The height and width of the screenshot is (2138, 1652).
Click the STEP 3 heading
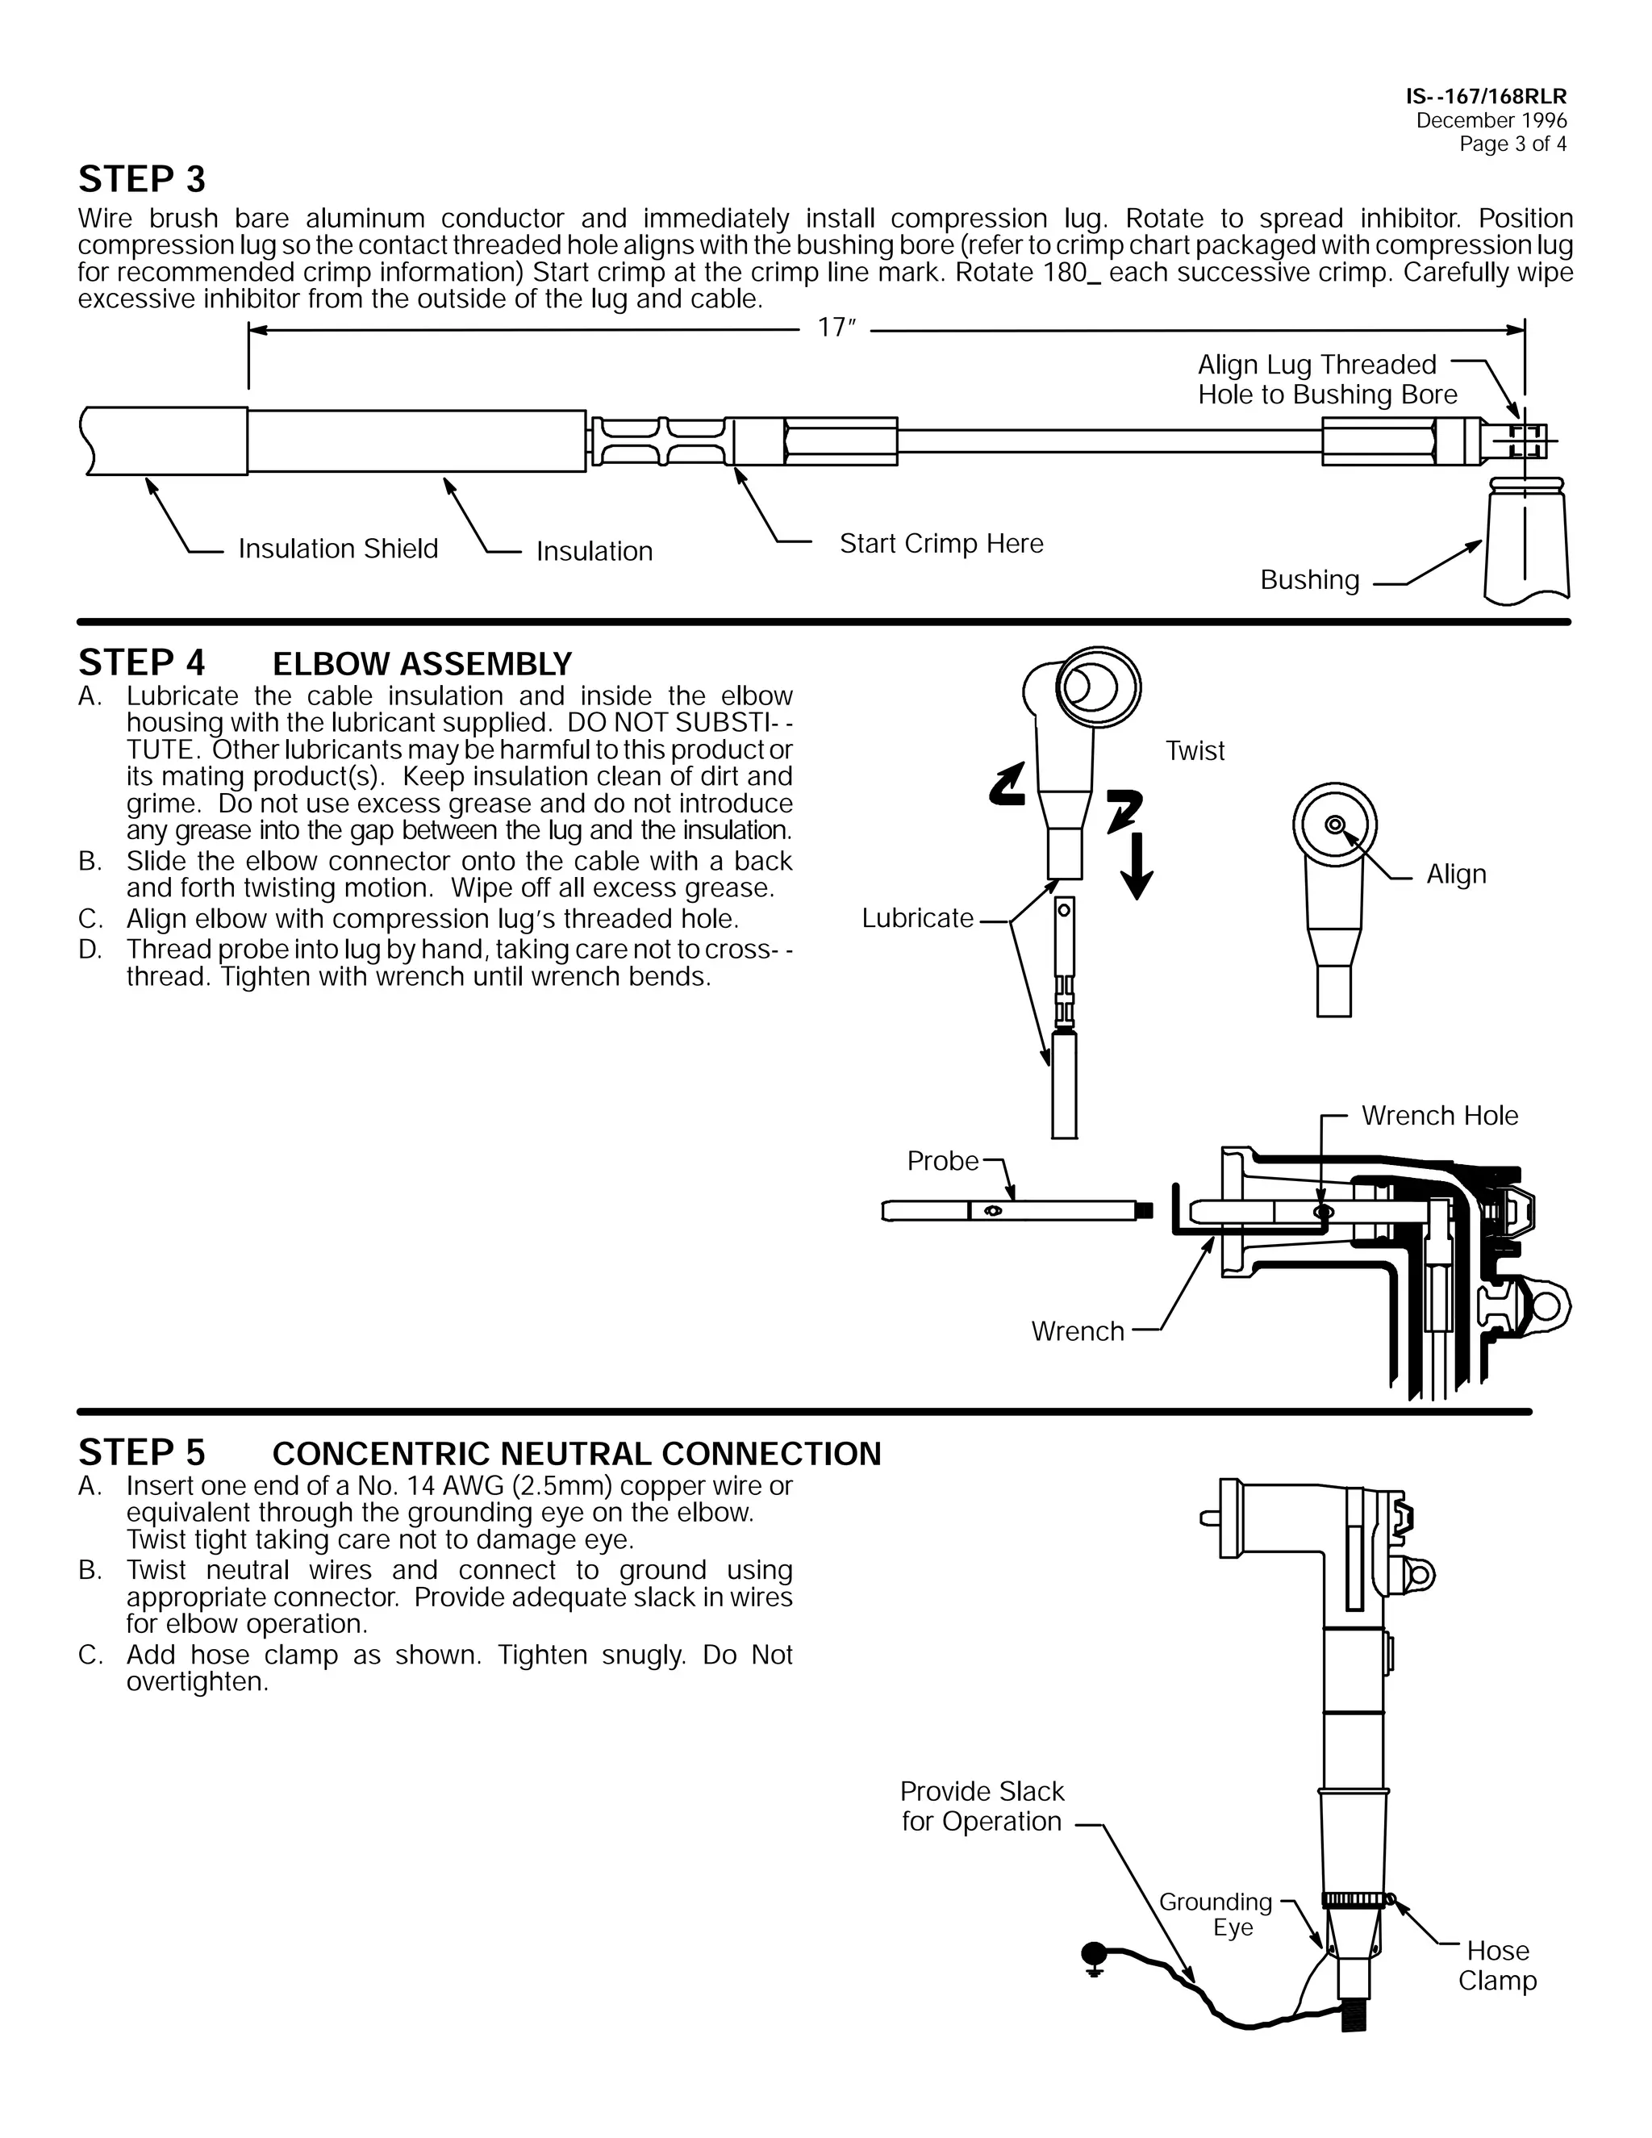tap(142, 179)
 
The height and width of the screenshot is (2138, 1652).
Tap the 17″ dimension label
tap(836, 328)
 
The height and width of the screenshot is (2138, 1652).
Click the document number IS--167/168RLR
tap(1486, 97)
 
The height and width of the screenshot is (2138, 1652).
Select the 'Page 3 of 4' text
tap(1512, 144)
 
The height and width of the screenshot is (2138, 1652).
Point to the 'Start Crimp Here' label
tap(941, 543)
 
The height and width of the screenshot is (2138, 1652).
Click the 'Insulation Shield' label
tap(338, 548)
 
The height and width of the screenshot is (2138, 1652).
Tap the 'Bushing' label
tap(1308, 579)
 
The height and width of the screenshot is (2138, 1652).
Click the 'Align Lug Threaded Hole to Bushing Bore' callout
tap(1326, 380)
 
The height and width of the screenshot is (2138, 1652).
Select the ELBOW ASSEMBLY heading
tap(421, 664)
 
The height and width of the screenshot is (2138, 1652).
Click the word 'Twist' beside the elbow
tap(1194, 751)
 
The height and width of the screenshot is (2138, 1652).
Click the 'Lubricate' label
tap(917, 918)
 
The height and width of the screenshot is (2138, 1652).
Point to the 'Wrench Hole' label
tap(1439, 1115)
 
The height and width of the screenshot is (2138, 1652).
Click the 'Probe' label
tap(941, 1160)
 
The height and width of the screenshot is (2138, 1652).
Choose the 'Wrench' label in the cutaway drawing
tap(1077, 1331)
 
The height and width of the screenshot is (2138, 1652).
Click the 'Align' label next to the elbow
tap(1455, 875)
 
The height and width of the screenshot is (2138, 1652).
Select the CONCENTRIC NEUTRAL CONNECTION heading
tap(577, 1454)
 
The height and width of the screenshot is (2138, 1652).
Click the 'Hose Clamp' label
tap(1496, 1965)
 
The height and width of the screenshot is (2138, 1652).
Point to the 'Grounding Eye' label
tap(1216, 1914)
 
